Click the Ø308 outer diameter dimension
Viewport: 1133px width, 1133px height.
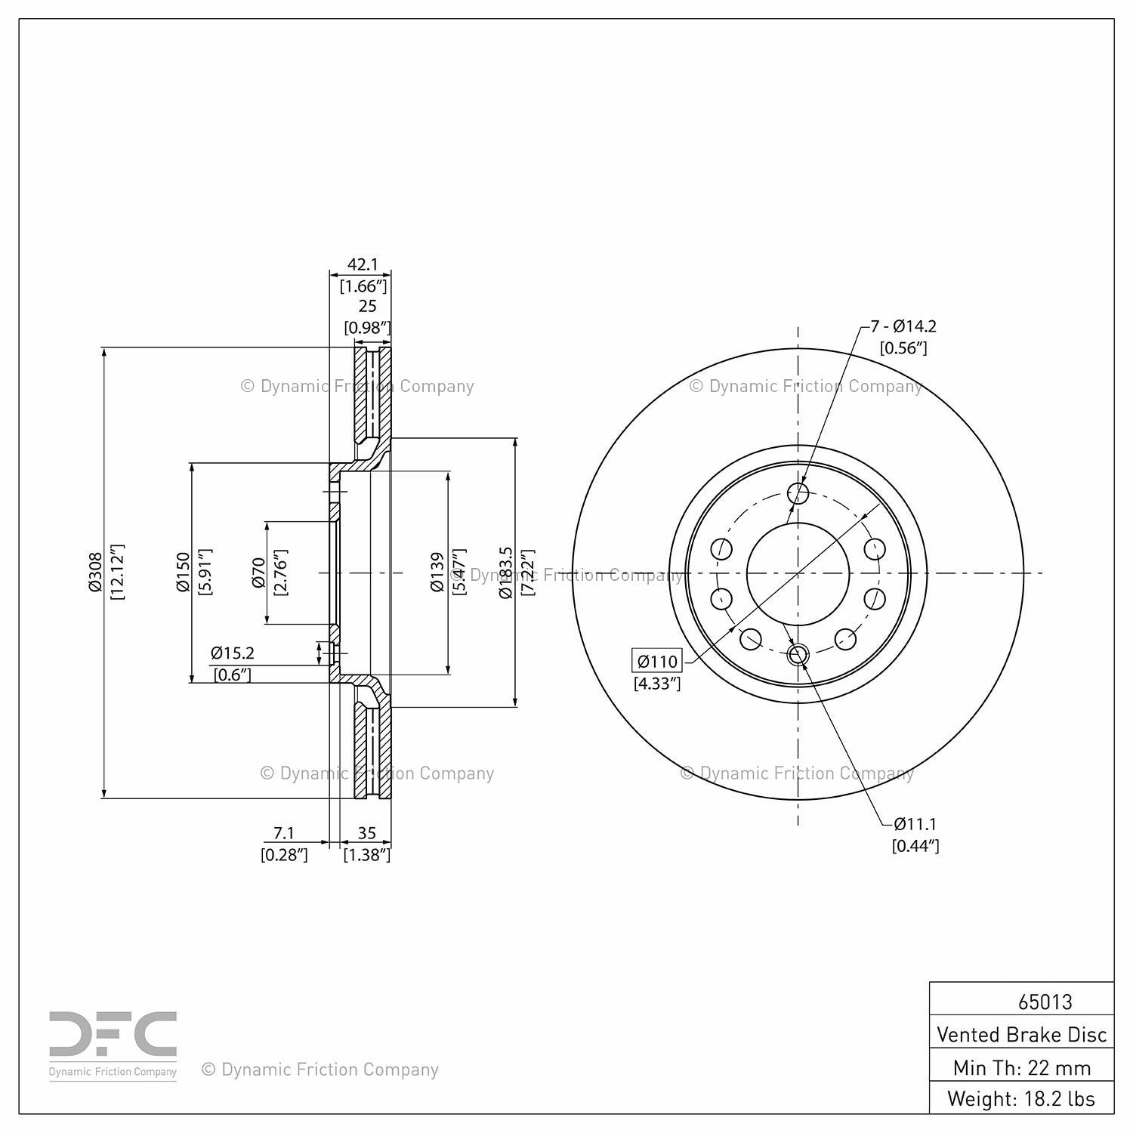tap(95, 573)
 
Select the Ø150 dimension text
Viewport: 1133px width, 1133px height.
tap(183, 573)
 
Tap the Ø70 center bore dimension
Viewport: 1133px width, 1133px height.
tap(258, 573)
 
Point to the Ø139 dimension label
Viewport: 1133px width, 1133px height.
tap(438, 572)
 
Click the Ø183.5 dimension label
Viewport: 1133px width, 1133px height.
tap(506, 573)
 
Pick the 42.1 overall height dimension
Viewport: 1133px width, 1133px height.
tap(363, 264)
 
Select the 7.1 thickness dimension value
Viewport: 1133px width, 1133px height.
tap(283, 832)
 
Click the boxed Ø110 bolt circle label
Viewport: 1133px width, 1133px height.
tap(657, 662)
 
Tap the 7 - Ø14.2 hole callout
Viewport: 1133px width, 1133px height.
tap(903, 326)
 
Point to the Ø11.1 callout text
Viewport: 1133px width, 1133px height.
tap(916, 824)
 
